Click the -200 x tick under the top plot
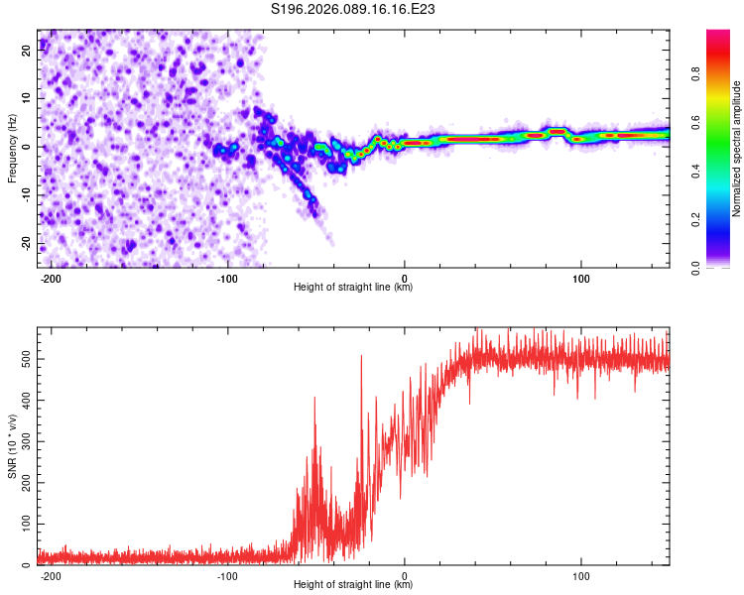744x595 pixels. click(x=51, y=278)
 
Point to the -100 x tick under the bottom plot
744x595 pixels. click(x=227, y=575)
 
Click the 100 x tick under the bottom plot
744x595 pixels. click(x=580, y=575)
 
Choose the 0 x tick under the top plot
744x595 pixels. click(x=405, y=278)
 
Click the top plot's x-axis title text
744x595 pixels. click(x=353, y=288)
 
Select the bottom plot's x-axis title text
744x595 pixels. click(x=353, y=585)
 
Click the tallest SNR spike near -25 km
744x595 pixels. click(x=361, y=357)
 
